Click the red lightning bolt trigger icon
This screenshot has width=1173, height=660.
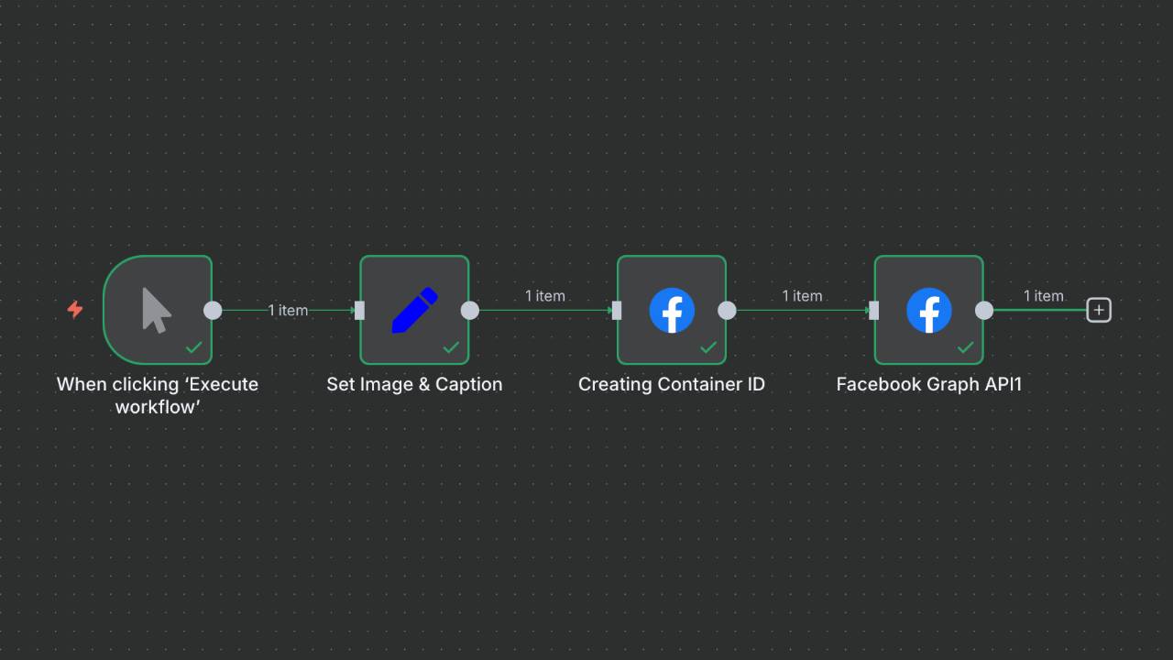point(75,310)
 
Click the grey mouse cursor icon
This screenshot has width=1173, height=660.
point(157,310)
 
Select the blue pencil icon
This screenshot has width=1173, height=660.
point(414,310)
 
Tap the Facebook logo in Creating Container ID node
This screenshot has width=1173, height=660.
point(672,310)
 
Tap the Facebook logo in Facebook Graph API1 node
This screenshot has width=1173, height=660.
point(928,310)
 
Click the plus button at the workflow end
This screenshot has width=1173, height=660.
point(1099,310)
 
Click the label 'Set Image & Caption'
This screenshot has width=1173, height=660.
point(414,384)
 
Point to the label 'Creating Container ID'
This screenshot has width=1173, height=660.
point(672,384)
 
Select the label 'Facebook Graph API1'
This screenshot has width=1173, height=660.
point(928,384)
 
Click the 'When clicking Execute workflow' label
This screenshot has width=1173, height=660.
point(158,395)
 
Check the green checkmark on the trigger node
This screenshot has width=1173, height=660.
point(194,347)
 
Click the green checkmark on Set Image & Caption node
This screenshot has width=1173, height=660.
point(451,347)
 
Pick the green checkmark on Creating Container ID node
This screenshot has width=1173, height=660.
point(708,347)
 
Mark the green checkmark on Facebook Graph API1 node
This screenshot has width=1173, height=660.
point(965,347)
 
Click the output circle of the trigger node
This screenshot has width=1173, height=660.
point(213,310)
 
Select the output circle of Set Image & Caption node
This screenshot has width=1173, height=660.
point(470,310)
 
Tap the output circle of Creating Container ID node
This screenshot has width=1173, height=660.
point(727,310)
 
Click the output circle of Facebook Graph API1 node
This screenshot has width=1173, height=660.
point(984,310)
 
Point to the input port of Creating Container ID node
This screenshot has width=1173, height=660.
point(617,310)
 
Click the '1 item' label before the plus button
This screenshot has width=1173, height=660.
point(1043,295)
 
